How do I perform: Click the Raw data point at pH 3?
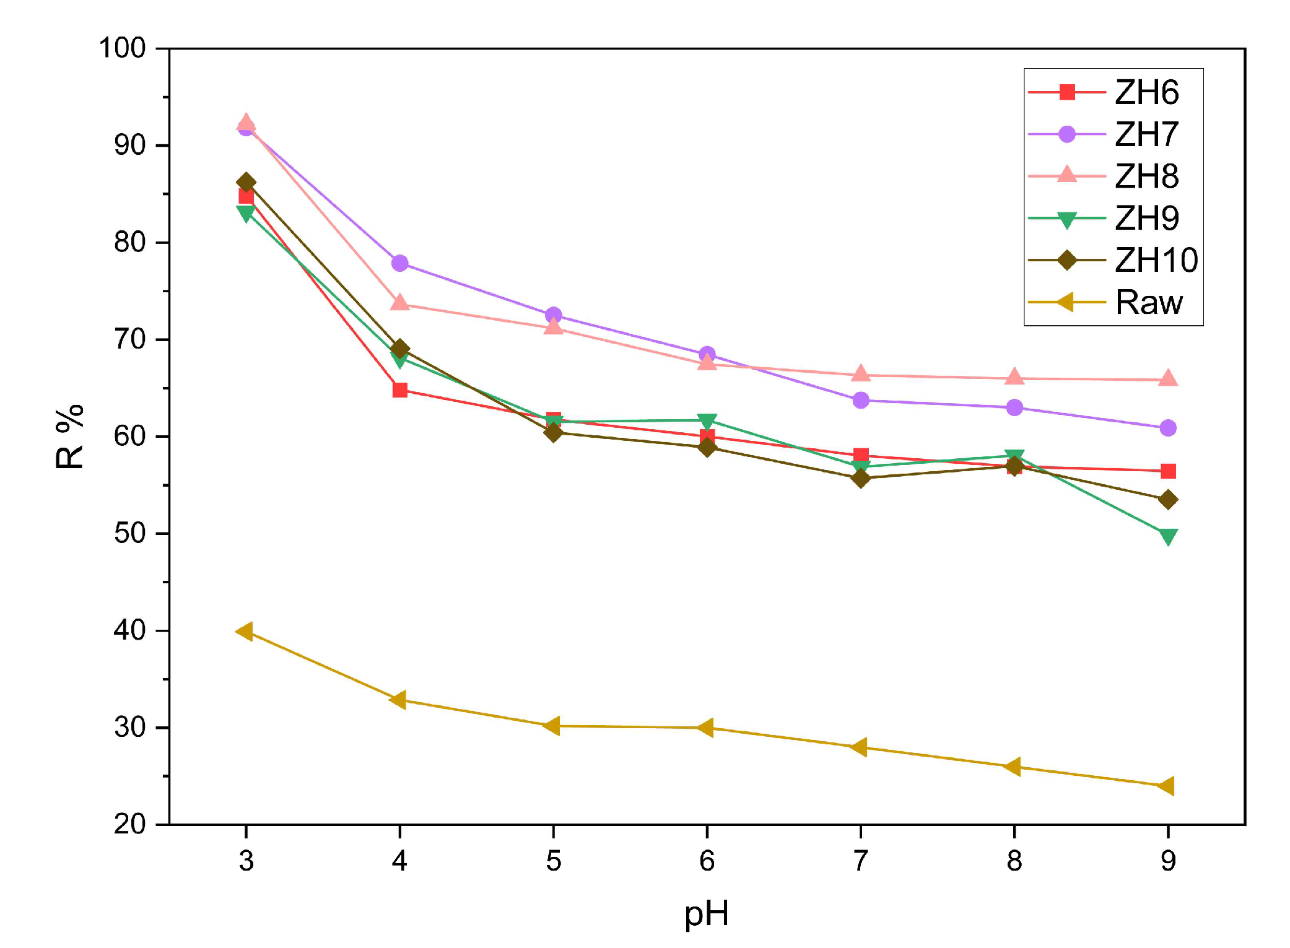[x=245, y=632]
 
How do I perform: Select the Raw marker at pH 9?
[x=1167, y=786]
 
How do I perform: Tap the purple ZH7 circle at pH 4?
[x=399, y=263]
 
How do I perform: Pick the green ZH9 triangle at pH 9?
[x=1168, y=536]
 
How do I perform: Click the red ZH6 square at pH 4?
[x=399, y=390]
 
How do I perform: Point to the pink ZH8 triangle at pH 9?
[x=1168, y=378]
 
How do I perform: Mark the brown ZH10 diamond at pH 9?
[x=1168, y=500]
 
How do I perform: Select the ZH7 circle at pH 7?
[x=860, y=401]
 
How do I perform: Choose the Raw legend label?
[x=1148, y=303]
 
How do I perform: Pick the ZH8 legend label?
[x=1146, y=176]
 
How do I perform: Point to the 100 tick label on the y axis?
[x=122, y=48]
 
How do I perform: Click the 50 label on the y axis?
[x=129, y=533]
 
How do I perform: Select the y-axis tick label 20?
[x=129, y=824]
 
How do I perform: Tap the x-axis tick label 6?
[x=707, y=861]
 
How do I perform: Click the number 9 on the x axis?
[x=1168, y=861]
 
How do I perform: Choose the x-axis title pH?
[x=707, y=914]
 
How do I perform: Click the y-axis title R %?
[x=70, y=437]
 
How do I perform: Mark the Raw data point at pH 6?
[x=706, y=728]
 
